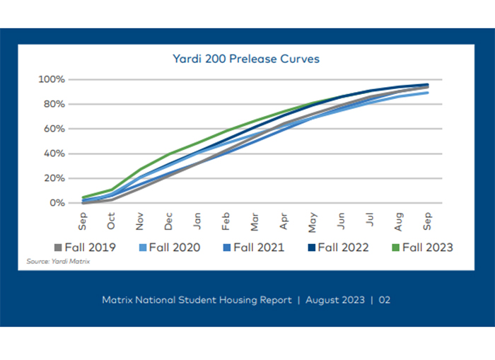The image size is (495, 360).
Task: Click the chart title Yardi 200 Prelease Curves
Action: click(246, 59)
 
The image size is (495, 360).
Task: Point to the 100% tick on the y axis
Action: click(52, 79)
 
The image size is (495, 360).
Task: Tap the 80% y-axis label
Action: click(54, 104)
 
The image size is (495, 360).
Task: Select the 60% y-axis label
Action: click(54, 129)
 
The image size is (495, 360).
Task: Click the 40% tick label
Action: click(54, 153)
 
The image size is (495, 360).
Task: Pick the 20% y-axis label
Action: click(54, 178)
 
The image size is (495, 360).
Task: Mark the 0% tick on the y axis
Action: click(57, 203)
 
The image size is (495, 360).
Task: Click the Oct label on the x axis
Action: click(112, 221)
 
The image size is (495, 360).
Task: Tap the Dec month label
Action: click(169, 221)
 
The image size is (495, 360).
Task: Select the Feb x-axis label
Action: click(226, 221)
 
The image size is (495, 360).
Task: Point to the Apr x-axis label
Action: click(284, 221)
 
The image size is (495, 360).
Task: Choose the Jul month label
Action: click(370, 221)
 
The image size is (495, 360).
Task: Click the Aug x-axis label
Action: click(398, 221)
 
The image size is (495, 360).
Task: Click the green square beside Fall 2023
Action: click(397, 247)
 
